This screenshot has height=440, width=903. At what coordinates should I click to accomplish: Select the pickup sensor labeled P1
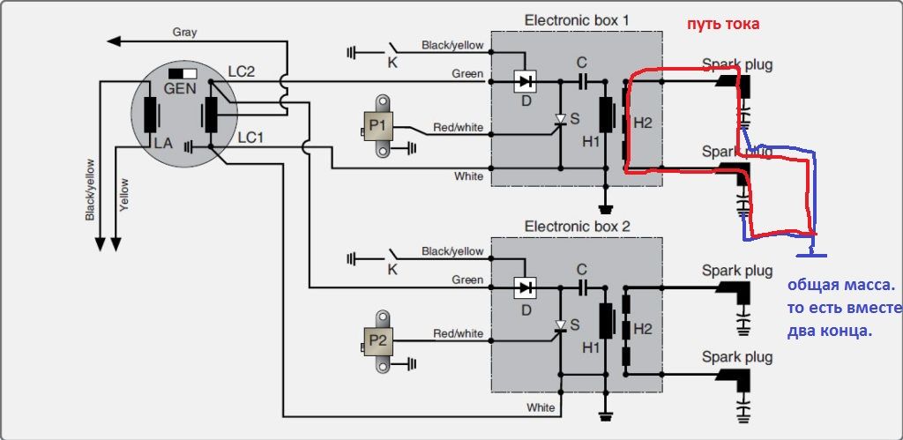[381, 125]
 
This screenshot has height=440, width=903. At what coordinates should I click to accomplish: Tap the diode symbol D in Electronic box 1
[525, 82]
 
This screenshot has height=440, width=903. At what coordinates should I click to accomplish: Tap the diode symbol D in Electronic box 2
[525, 287]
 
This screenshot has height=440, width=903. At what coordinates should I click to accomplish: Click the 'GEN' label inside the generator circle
[180, 89]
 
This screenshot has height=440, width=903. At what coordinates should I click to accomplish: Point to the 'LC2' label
[242, 72]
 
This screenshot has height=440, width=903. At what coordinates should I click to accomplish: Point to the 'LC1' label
[251, 138]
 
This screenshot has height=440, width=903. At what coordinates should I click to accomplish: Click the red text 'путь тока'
[723, 24]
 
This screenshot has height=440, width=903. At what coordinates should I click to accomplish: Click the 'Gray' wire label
[185, 33]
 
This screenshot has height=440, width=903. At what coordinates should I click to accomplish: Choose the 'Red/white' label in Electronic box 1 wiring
[459, 127]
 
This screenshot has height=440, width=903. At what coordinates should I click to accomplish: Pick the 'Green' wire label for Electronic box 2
[467, 280]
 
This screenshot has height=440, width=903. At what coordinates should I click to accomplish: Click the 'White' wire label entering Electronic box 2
[541, 407]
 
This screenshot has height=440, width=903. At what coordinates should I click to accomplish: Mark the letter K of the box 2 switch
[392, 268]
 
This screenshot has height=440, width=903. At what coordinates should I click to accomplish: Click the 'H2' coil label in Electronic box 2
[643, 329]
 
